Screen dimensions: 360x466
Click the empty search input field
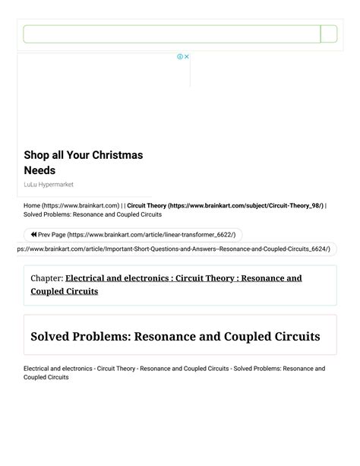click(172, 34)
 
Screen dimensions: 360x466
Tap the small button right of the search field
click(329, 34)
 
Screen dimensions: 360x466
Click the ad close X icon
click(187, 57)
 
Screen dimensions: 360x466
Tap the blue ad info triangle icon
click(180, 57)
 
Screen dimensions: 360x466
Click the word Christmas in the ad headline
click(117, 155)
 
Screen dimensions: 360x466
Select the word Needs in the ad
click(39, 170)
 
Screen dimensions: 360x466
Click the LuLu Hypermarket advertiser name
click(49, 185)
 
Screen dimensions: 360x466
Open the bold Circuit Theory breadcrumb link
click(226, 205)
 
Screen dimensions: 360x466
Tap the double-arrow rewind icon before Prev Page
click(34, 235)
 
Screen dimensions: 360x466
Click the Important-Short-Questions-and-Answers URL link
click(171, 249)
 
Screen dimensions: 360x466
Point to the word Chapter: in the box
click(46, 278)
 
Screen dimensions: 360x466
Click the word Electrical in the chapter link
click(89, 278)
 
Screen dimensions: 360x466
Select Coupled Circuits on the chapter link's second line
click(65, 291)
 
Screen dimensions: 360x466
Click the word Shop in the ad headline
click(37, 155)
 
